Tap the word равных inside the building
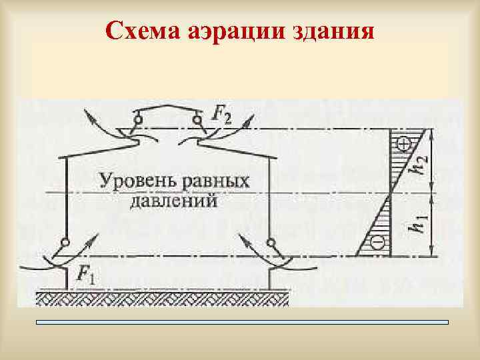point(213,181)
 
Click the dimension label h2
point(419,161)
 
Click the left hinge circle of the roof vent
point(138,120)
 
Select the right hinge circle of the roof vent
point(197,120)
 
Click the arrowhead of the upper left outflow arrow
point(87,114)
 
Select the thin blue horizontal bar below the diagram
point(243,322)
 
